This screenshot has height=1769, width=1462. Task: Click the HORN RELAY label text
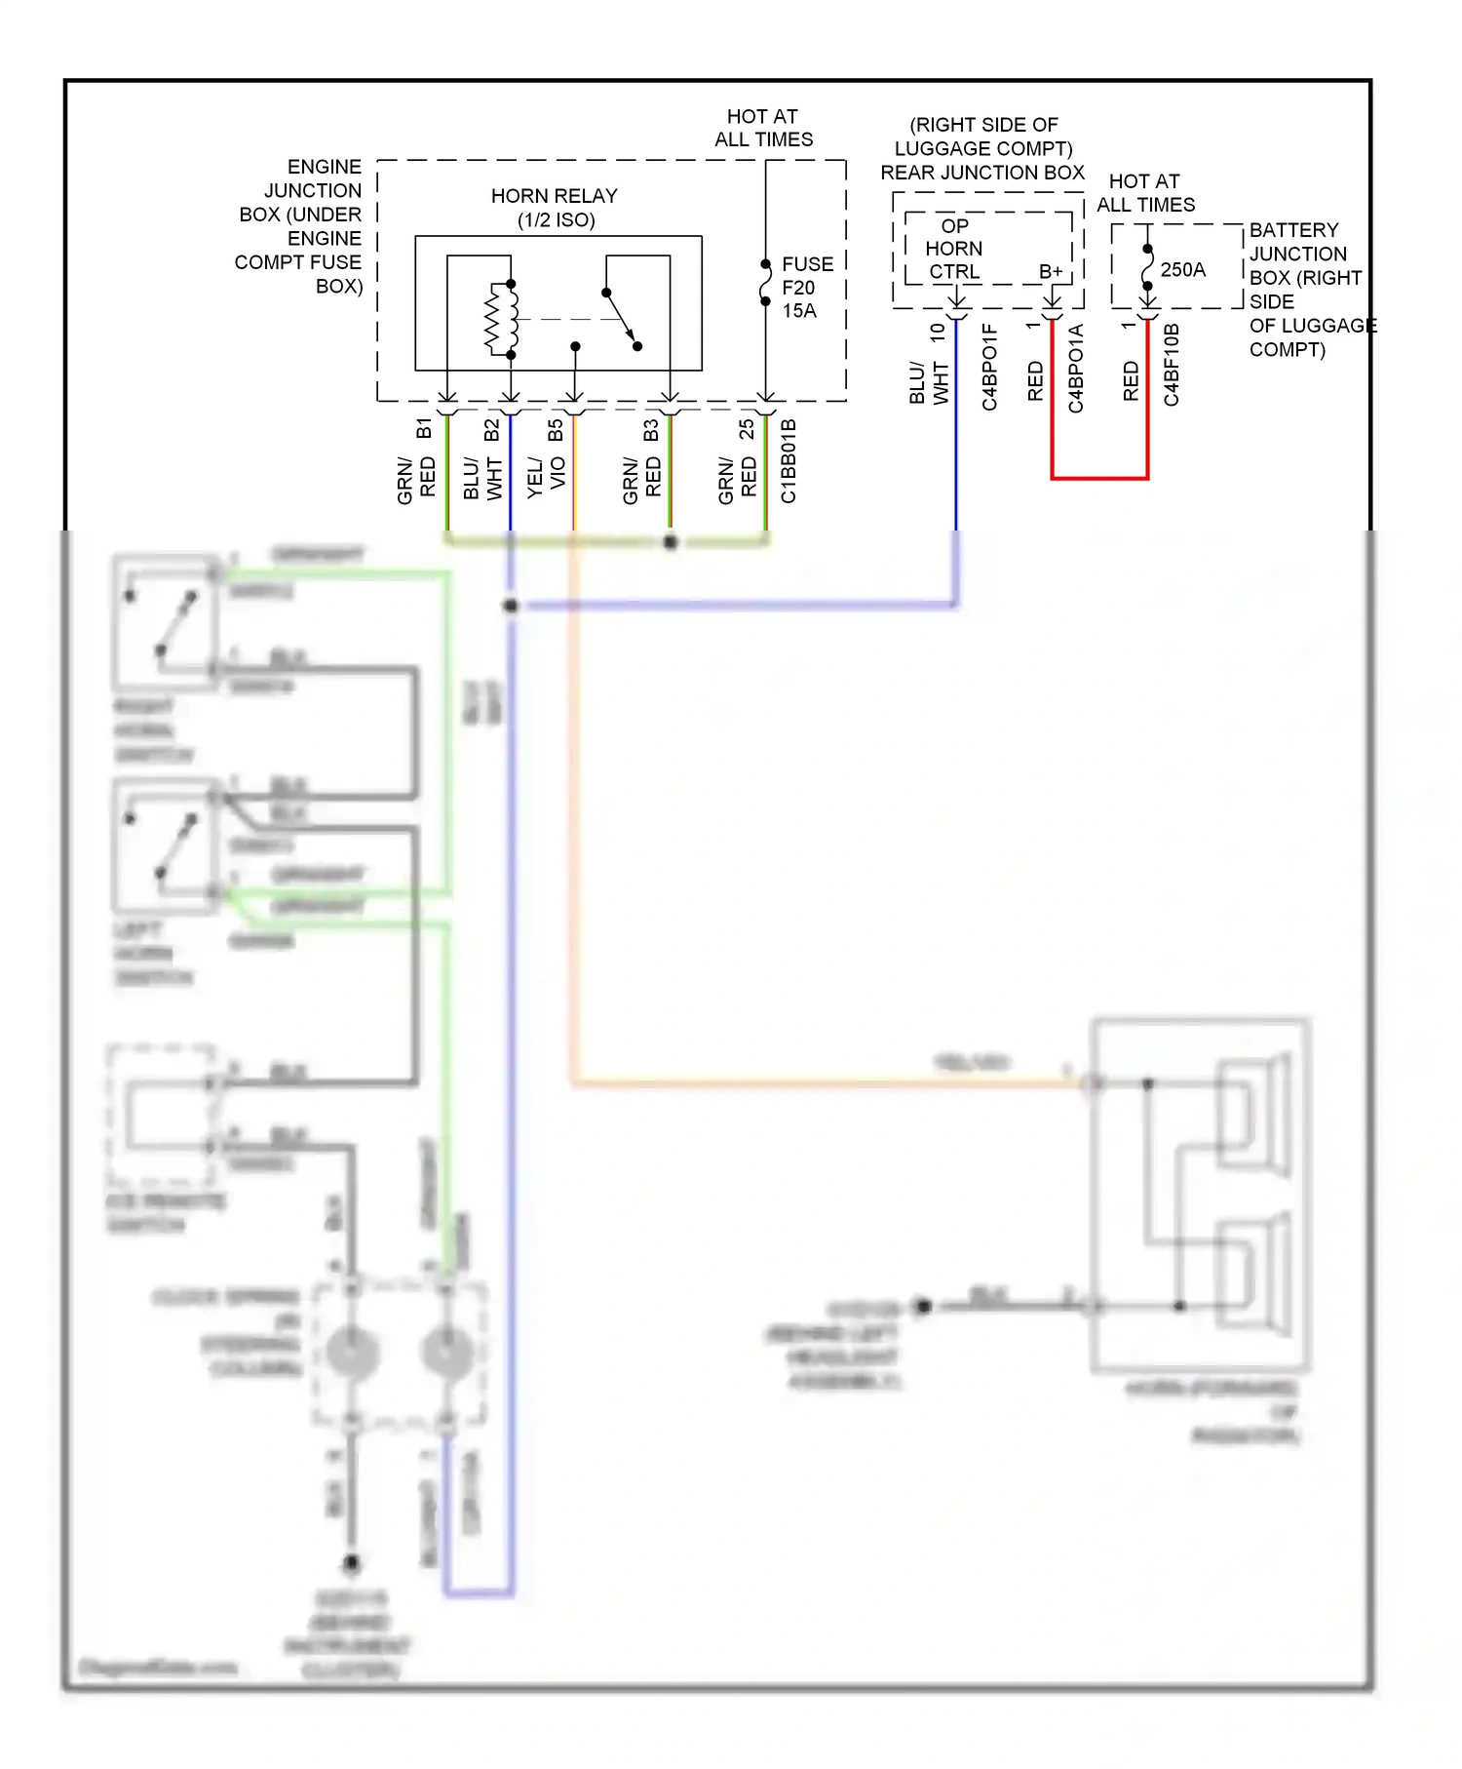pyautogui.click(x=554, y=208)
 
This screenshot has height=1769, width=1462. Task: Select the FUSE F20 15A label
pyautogui.click(x=806, y=288)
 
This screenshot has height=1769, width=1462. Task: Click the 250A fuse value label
pyautogui.click(x=1182, y=269)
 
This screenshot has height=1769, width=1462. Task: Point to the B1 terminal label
pyautogui.click(x=424, y=428)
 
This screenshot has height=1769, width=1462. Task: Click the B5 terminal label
pyautogui.click(x=556, y=430)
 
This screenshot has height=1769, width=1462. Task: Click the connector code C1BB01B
pyautogui.click(x=789, y=460)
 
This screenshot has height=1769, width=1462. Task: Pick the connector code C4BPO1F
pyautogui.click(x=989, y=367)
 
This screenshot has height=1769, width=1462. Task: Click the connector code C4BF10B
pyautogui.click(x=1172, y=365)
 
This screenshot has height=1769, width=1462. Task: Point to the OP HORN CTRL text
pyautogui.click(x=953, y=249)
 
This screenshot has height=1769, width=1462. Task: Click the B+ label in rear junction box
pyautogui.click(x=1050, y=271)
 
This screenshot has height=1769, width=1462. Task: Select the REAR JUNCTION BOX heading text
pyautogui.click(x=981, y=173)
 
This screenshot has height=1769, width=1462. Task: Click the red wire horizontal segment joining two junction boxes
pyautogui.click(x=1099, y=478)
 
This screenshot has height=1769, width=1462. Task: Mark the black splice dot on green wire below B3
pyautogui.click(x=671, y=542)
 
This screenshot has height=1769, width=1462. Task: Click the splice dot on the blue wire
pyautogui.click(x=511, y=606)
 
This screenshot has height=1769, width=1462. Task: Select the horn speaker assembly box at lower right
pyautogui.click(x=1199, y=1195)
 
